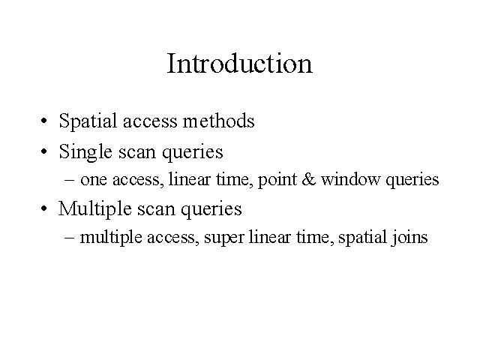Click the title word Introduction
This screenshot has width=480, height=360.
[x=240, y=63]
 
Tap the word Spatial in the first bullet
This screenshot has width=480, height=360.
[x=88, y=121]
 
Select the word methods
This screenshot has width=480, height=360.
[x=218, y=120]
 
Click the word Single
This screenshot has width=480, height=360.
[x=85, y=152]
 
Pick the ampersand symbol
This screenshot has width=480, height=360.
[x=308, y=179]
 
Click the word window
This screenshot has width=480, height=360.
[x=350, y=179]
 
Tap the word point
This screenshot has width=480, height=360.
[x=277, y=180]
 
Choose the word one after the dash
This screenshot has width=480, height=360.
[x=94, y=180]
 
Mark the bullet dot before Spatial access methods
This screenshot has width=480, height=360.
[x=44, y=121]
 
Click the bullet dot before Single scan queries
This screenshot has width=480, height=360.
[x=44, y=151]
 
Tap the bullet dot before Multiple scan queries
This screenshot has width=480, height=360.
[x=44, y=208]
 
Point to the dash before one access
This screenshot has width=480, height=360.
[x=70, y=180]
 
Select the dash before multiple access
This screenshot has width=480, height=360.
[x=70, y=238]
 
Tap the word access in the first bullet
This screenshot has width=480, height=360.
[x=150, y=122]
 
